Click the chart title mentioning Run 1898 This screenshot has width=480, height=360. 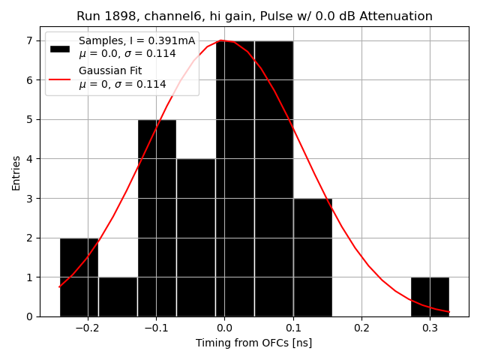tap(254, 16)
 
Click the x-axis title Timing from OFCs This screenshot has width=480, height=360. tap(253, 343)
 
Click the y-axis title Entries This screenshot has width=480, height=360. tap(16, 172)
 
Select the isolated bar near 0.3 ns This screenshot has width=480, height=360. tap(430, 296)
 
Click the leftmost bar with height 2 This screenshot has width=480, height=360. tap(79, 277)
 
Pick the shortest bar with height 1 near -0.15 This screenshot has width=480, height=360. tap(118, 296)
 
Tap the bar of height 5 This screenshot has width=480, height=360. tap(157, 217)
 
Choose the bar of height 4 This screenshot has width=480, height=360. tap(196, 237)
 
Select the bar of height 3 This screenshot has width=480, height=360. tap(313, 257)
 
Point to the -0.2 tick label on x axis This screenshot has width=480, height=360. tap(87, 328)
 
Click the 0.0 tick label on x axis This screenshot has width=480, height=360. tap(224, 328)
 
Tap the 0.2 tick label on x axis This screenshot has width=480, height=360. tap(361, 328)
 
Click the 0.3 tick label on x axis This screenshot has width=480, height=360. tap(430, 328)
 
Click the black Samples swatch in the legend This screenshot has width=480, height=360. tap(60, 48)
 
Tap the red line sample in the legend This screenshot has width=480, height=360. tap(60, 78)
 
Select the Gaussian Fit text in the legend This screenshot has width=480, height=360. tap(110, 71)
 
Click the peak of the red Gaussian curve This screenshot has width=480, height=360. tap(221, 40)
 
